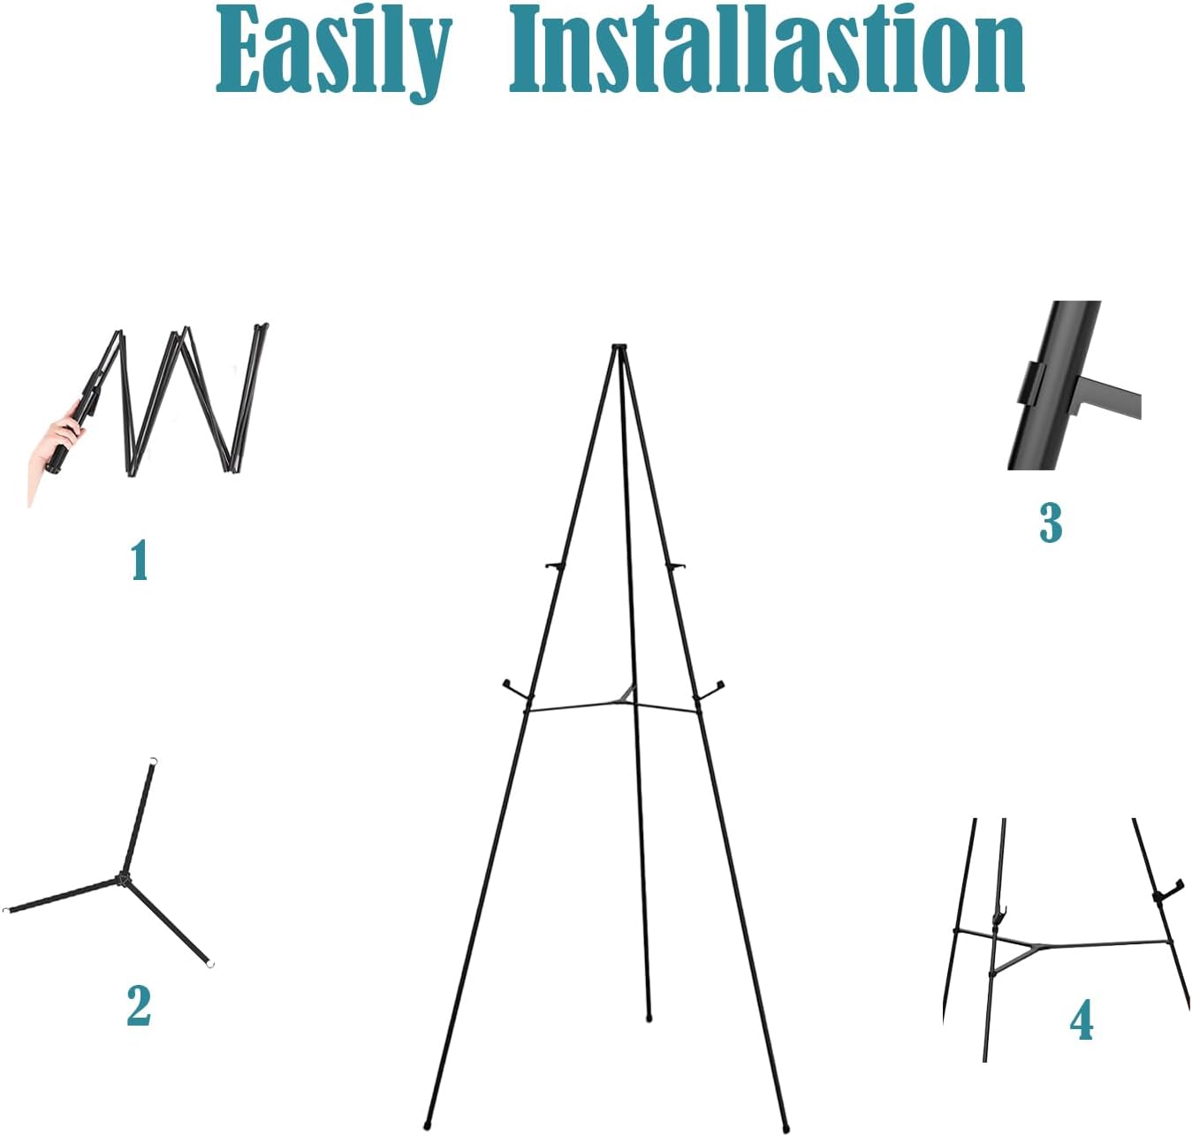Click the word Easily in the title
point(333,50)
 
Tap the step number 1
point(139,561)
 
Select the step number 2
point(139,1005)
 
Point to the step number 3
point(1050,522)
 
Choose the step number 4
point(1082,1020)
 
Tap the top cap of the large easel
point(619,347)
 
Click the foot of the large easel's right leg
point(785,1128)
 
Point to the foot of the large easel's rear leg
point(649,1018)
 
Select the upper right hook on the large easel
point(678,566)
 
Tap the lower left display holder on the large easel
point(511,687)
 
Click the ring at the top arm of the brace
point(154,760)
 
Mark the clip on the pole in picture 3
point(1029,383)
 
